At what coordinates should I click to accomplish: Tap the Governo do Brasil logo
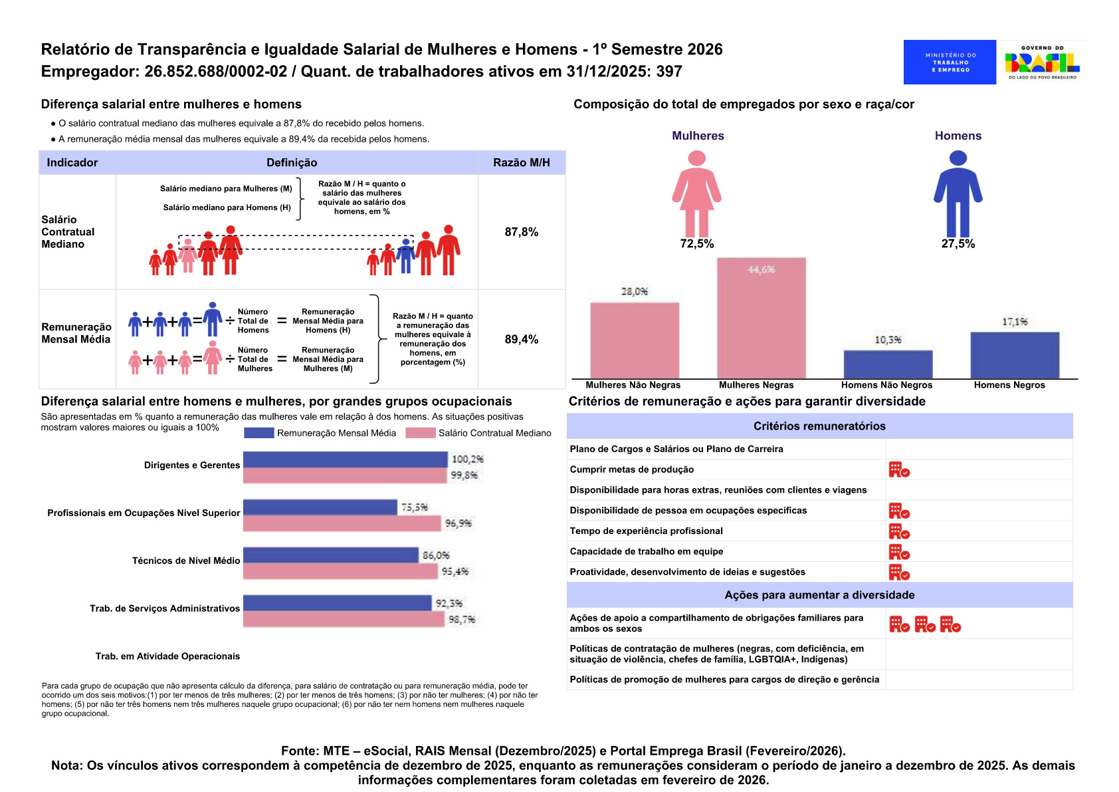1042,63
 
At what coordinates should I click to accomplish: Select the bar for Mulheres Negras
762,318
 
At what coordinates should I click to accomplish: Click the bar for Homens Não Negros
888,364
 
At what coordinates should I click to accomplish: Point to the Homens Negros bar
1015,356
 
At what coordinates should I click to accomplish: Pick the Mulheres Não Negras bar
635,340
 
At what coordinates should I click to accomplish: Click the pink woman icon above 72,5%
696,194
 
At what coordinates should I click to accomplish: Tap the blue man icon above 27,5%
958,194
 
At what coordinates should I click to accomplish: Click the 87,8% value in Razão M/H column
522,232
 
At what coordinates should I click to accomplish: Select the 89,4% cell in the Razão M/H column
522,340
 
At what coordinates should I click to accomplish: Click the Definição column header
292,162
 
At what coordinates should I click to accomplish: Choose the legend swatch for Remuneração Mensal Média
258,433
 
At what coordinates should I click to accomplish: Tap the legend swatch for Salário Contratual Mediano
420,433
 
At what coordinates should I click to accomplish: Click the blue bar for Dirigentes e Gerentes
345,460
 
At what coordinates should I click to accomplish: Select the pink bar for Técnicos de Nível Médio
340,571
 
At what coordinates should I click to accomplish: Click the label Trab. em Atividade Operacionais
167,656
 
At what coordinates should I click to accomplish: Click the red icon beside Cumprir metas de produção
899,469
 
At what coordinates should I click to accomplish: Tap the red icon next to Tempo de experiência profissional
899,531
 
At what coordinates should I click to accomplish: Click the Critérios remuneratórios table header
819,426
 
